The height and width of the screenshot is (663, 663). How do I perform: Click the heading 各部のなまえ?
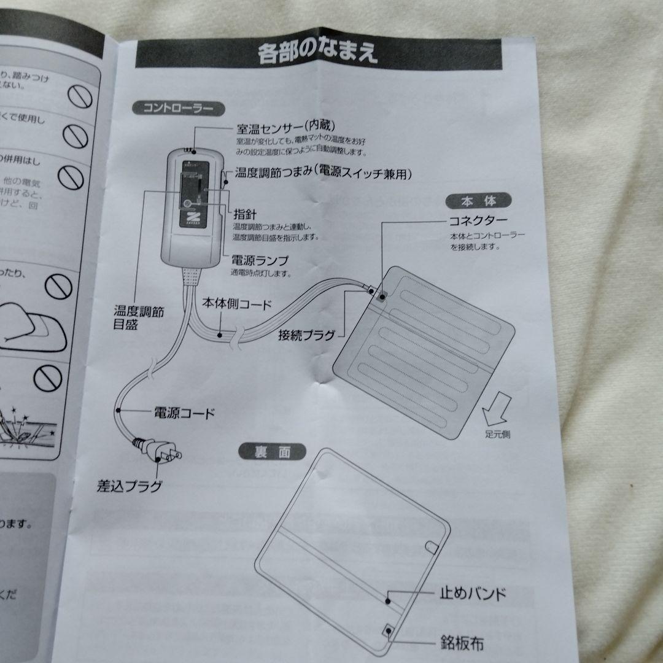317,54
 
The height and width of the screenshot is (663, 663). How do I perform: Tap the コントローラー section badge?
173,109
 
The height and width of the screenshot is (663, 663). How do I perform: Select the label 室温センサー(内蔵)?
285,129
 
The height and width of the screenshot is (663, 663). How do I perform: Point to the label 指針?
245,215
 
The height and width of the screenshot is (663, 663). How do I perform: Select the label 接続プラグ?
306,335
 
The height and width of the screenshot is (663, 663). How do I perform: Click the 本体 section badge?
478,201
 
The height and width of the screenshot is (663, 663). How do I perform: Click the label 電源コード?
184,413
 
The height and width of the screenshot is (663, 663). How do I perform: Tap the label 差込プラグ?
129,487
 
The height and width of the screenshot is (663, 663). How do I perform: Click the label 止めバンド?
473,594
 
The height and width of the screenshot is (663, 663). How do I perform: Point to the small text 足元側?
497,434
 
